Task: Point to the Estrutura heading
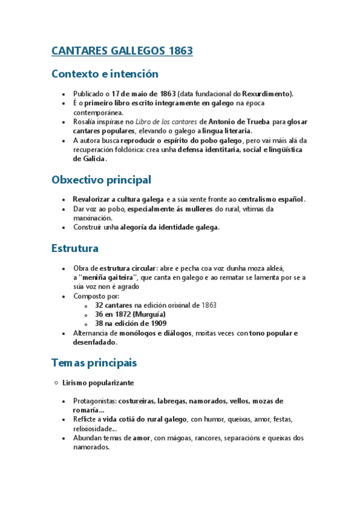coord(75,248)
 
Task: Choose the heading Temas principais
coord(94,363)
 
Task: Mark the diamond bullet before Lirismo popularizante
coord(56,382)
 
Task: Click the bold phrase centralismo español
coord(272,199)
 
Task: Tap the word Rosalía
coord(86,121)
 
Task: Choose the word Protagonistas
coord(94,401)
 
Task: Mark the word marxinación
coord(93,218)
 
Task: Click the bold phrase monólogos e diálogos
coord(155,333)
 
